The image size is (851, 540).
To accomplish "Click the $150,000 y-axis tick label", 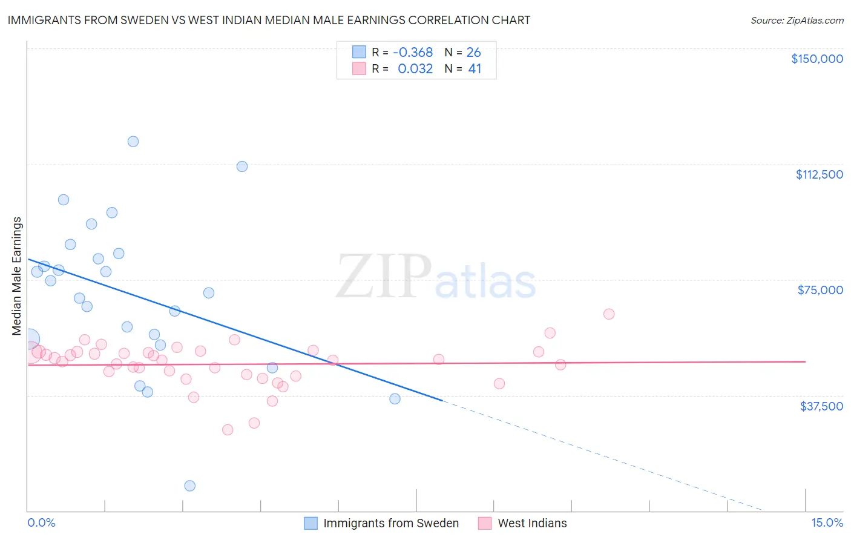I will click(816, 59).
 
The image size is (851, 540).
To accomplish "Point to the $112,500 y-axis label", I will click(819, 174).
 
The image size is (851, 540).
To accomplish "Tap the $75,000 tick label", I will click(820, 290).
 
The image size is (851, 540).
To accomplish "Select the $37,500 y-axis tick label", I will click(821, 406).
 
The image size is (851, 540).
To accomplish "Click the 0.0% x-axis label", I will click(41, 522).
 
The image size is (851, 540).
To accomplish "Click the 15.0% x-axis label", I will click(827, 522).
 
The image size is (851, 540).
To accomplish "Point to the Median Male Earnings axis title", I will click(17, 275).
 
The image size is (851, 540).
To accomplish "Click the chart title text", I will click(269, 20).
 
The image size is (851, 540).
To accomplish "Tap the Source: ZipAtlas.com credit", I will click(797, 20).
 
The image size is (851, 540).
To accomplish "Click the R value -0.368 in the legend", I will click(413, 53).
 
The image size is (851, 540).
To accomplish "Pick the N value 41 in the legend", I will click(475, 69).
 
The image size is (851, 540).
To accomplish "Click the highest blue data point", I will click(133, 142).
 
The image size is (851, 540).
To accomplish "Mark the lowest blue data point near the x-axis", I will click(189, 486).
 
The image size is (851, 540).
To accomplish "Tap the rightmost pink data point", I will click(609, 314).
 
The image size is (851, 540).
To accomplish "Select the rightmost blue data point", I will click(395, 398).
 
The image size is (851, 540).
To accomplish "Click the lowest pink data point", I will click(228, 430).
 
